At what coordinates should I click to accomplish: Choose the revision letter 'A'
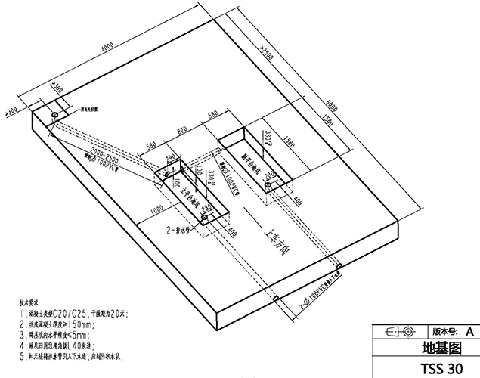coord(469,331)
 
